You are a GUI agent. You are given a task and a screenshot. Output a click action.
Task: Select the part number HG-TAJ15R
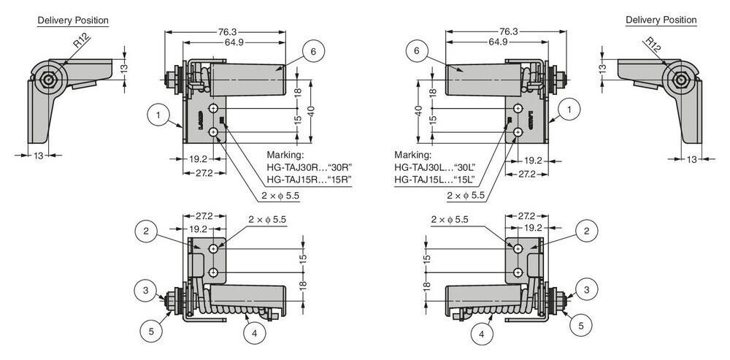(x=291, y=179)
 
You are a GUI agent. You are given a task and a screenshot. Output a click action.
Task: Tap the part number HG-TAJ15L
(x=418, y=179)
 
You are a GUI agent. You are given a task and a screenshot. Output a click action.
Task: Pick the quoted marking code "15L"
(x=464, y=179)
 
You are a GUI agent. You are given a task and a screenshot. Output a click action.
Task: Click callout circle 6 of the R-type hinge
(x=312, y=52)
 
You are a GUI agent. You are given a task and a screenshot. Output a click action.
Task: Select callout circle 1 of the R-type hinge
(x=157, y=114)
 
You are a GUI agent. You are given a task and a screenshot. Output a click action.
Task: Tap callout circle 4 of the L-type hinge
(x=482, y=335)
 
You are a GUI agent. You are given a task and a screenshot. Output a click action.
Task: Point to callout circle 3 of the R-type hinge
(x=145, y=291)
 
